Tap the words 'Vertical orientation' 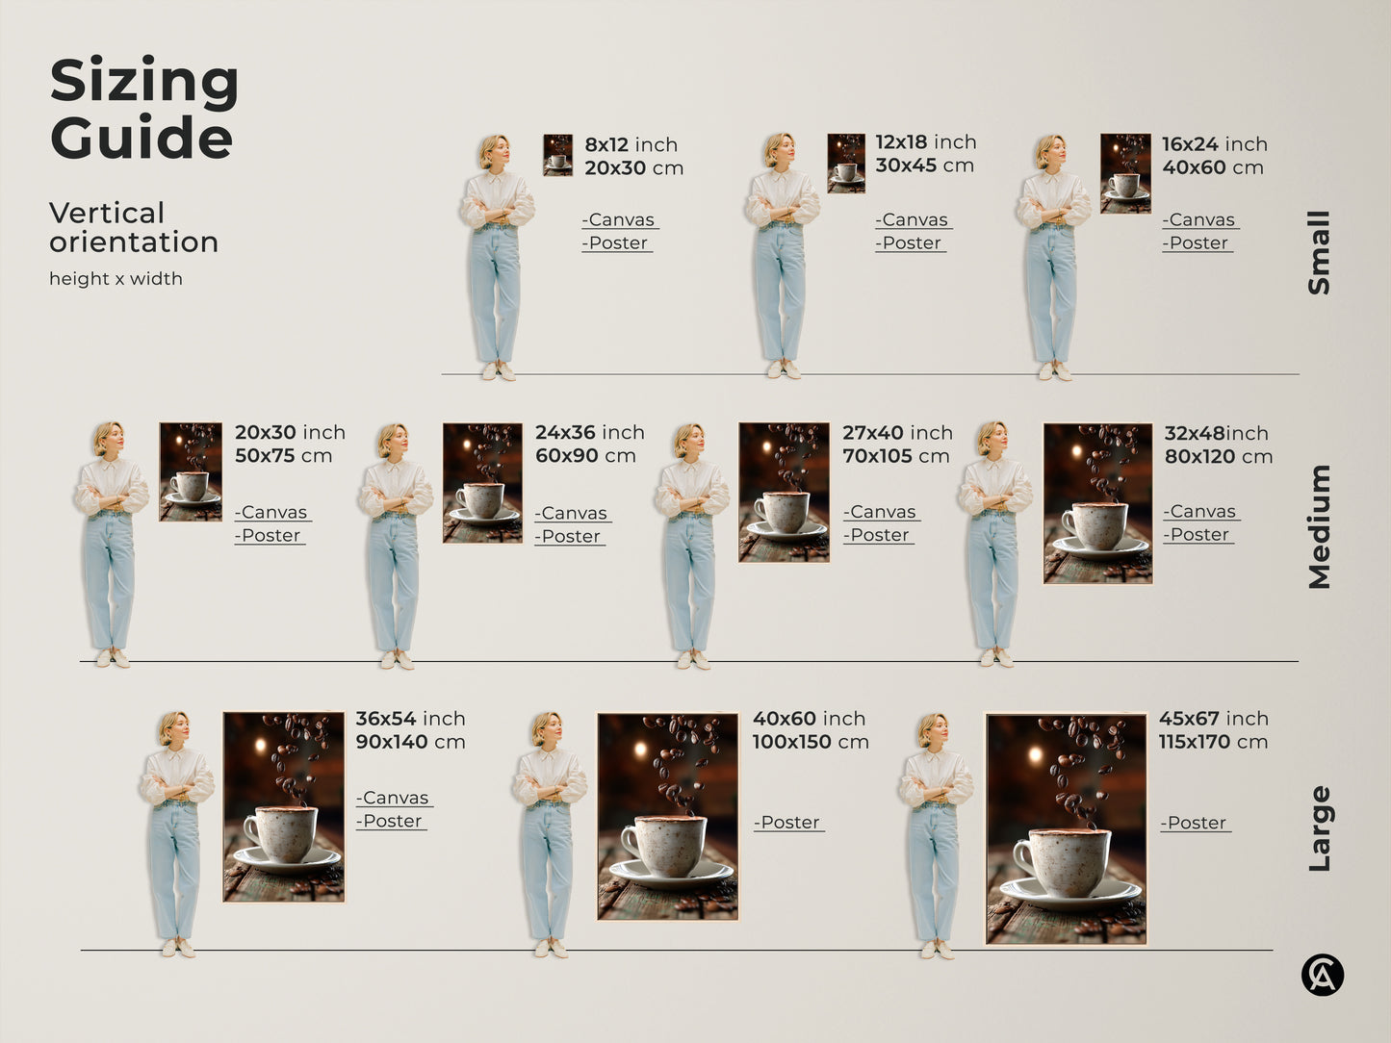[134, 227]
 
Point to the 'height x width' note [116, 279]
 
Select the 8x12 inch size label [631, 144]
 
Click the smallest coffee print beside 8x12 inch [557, 155]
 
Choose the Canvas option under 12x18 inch [912, 220]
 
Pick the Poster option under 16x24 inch [1197, 243]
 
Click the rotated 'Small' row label [1319, 252]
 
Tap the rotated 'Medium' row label [1319, 526]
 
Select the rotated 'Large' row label [1319, 828]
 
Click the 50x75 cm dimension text [283, 456]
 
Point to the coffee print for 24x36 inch [481, 483]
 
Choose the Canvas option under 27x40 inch [881, 512]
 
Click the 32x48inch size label [1216, 433]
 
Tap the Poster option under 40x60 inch [788, 823]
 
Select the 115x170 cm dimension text [1213, 742]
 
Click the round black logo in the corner [1323, 975]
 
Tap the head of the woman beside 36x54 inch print [174, 728]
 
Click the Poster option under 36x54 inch [391, 822]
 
